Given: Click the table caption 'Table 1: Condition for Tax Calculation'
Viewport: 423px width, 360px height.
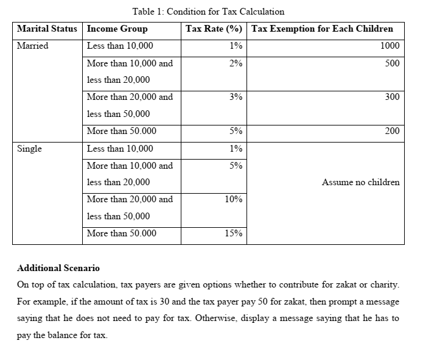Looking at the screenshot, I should click(208, 12).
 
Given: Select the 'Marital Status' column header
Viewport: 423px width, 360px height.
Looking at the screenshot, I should click(47, 29).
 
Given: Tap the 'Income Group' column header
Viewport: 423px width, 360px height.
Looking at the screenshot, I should click(117, 29).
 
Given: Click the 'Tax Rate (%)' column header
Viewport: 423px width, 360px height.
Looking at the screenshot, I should click(214, 29).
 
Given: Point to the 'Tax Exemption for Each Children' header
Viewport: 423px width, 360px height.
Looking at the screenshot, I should click(322, 29).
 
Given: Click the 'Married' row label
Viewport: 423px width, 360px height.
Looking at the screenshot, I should click(33, 46).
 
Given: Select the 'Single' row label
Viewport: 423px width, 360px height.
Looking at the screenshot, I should click(30, 149).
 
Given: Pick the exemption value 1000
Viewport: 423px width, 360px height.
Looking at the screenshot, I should click(390, 46).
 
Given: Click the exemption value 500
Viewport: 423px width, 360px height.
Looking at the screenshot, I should click(392, 63).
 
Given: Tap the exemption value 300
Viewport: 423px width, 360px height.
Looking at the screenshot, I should click(392, 97).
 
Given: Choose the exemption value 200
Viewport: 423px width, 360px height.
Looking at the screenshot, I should click(392, 131).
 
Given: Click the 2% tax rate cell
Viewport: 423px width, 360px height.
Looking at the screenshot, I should click(236, 63).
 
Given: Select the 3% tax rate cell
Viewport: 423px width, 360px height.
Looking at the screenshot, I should click(236, 97).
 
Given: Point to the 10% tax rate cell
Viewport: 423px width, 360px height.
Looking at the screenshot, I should click(234, 199).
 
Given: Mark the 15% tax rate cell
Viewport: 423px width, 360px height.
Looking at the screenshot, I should click(234, 233).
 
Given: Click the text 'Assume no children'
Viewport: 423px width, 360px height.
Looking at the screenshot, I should click(360, 182).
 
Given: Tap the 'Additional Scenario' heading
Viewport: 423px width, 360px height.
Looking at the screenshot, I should click(58, 268).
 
